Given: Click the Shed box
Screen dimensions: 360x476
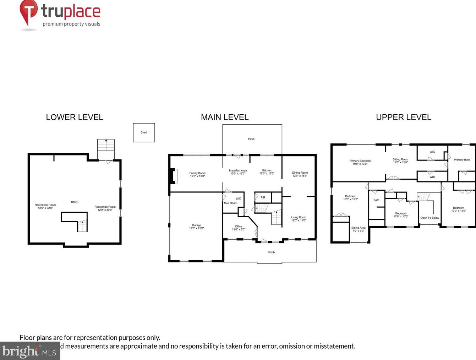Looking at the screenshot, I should click(x=144, y=132).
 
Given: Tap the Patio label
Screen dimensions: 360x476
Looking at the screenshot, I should click(x=251, y=139).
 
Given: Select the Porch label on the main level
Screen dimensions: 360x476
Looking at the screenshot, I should click(x=271, y=252).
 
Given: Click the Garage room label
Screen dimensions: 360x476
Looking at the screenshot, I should click(x=196, y=225).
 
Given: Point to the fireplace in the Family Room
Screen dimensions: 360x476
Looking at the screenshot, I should click(x=174, y=176).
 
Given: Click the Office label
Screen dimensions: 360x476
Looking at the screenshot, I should click(x=239, y=226).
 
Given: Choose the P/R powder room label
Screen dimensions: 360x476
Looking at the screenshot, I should click(x=263, y=197).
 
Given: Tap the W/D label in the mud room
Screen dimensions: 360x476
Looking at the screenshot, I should click(x=239, y=198).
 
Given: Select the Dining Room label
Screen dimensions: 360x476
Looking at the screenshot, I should click(x=300, y=173).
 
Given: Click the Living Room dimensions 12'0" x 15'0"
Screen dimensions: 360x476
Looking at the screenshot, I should click(x=299, y=220).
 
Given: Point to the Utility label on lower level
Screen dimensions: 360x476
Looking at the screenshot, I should click(x=74, y=202).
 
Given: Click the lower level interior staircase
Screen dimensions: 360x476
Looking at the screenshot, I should click(x=82, y=226).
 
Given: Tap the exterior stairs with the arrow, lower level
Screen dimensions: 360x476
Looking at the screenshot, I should click(x=106, y=146).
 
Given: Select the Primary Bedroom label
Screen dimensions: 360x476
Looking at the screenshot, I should click(x=360, y=161).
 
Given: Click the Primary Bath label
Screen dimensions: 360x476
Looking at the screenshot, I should click(x=462, y=160).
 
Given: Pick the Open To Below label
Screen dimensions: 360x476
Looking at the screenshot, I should click(x=430, y=218).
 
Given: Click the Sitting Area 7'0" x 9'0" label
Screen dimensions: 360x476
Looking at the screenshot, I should click(x=358, y=229).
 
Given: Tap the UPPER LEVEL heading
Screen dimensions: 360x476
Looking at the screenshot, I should click(x=404, y=117).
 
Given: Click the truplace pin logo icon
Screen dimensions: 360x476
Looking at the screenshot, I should click(x=28, y=11).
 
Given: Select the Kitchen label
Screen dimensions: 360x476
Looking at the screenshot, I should click(x=267, y=170).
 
